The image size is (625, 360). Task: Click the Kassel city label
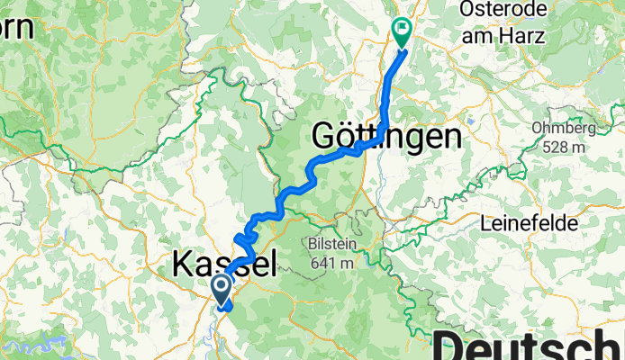223,265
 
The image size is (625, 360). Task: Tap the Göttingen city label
386,137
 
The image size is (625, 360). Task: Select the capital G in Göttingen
325,137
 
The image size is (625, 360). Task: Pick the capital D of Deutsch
456,346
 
